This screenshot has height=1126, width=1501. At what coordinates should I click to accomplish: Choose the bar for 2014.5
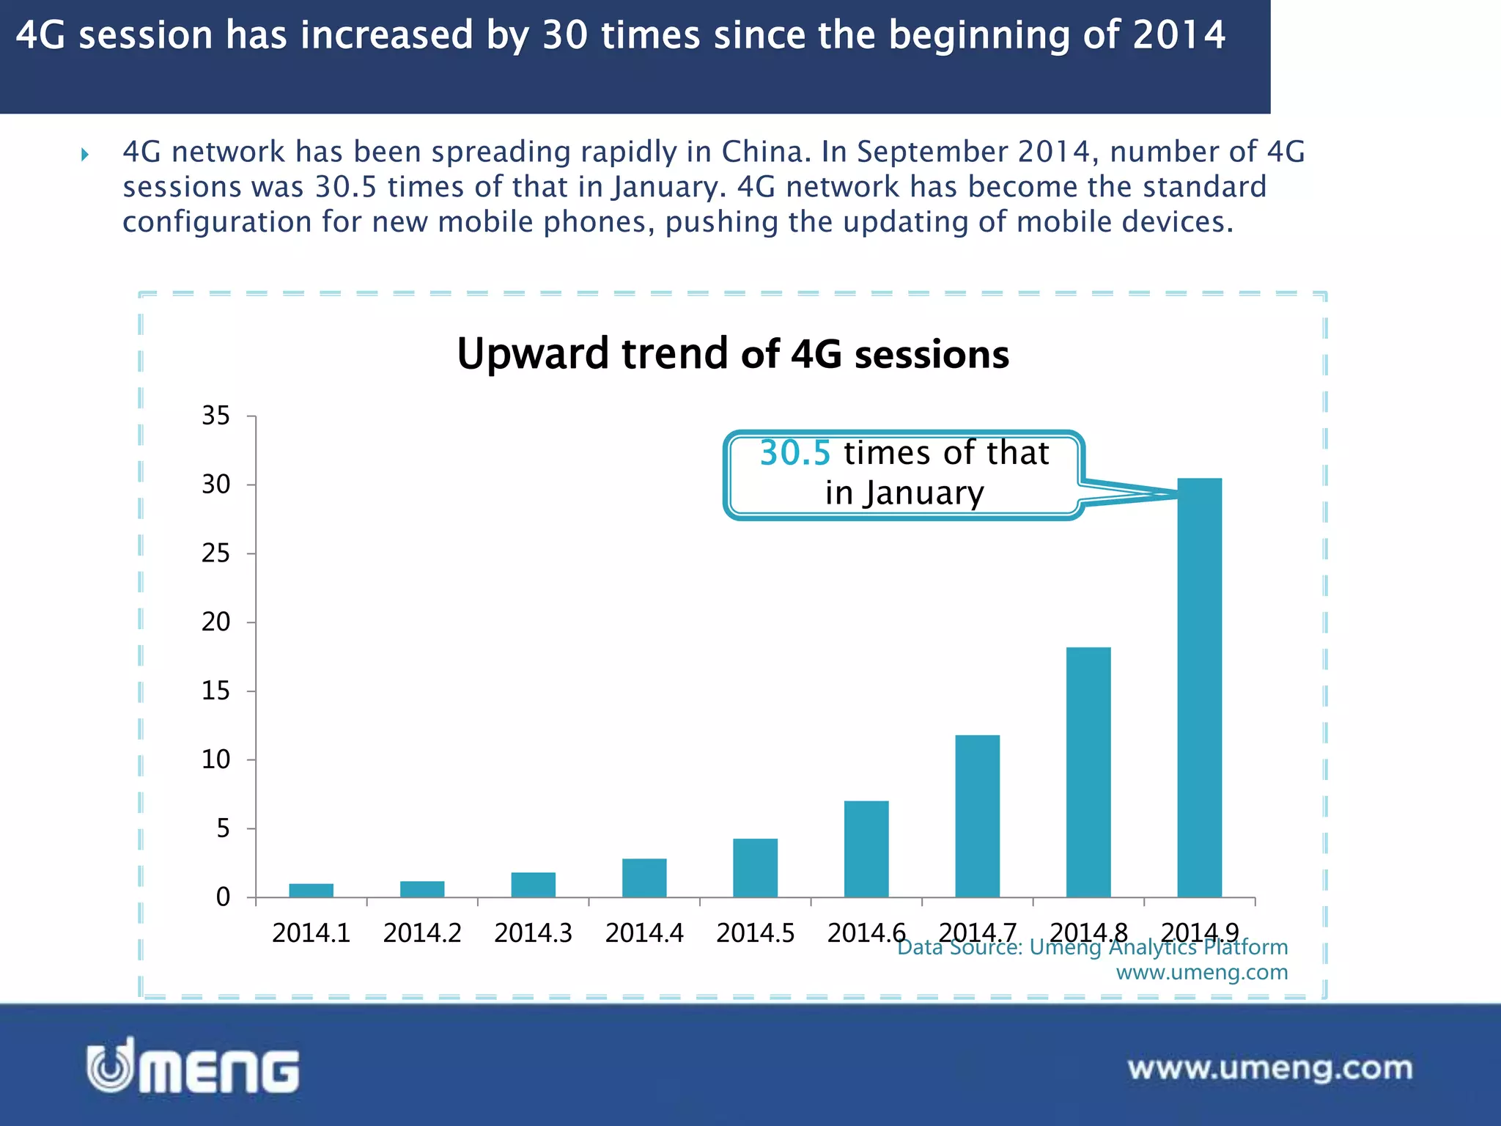(x=755, y=868)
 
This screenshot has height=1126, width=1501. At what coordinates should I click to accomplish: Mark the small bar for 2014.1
(x=311, y=890)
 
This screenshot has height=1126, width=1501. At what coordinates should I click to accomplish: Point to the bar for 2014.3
(x=533, y=885)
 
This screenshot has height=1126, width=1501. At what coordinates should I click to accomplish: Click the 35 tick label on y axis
(x=215, y=416)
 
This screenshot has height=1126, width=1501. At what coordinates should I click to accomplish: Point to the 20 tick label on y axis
(x=215, y=622)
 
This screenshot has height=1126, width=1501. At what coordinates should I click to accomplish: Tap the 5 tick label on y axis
(x=223, y=828)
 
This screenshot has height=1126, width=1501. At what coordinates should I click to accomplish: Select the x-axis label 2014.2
(x=422, y=932)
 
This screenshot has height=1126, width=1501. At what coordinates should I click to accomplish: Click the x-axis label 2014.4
(x=644, y=932)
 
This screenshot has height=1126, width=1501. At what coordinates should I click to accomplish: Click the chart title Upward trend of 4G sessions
(x=733, y=354)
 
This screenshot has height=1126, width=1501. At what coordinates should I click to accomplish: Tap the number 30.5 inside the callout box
(x=794, y=453)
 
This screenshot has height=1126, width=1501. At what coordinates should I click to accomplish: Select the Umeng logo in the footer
(x=193, y=1067)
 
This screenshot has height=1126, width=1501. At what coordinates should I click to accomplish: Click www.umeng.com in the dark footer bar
(x=1269, y=1068)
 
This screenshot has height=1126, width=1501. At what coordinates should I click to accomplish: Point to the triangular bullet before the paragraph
(x=85, y=154)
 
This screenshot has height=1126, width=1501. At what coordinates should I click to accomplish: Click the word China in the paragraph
(x=764, y=152)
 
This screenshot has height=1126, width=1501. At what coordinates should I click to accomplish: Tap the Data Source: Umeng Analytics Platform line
(x=1092, y=947)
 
